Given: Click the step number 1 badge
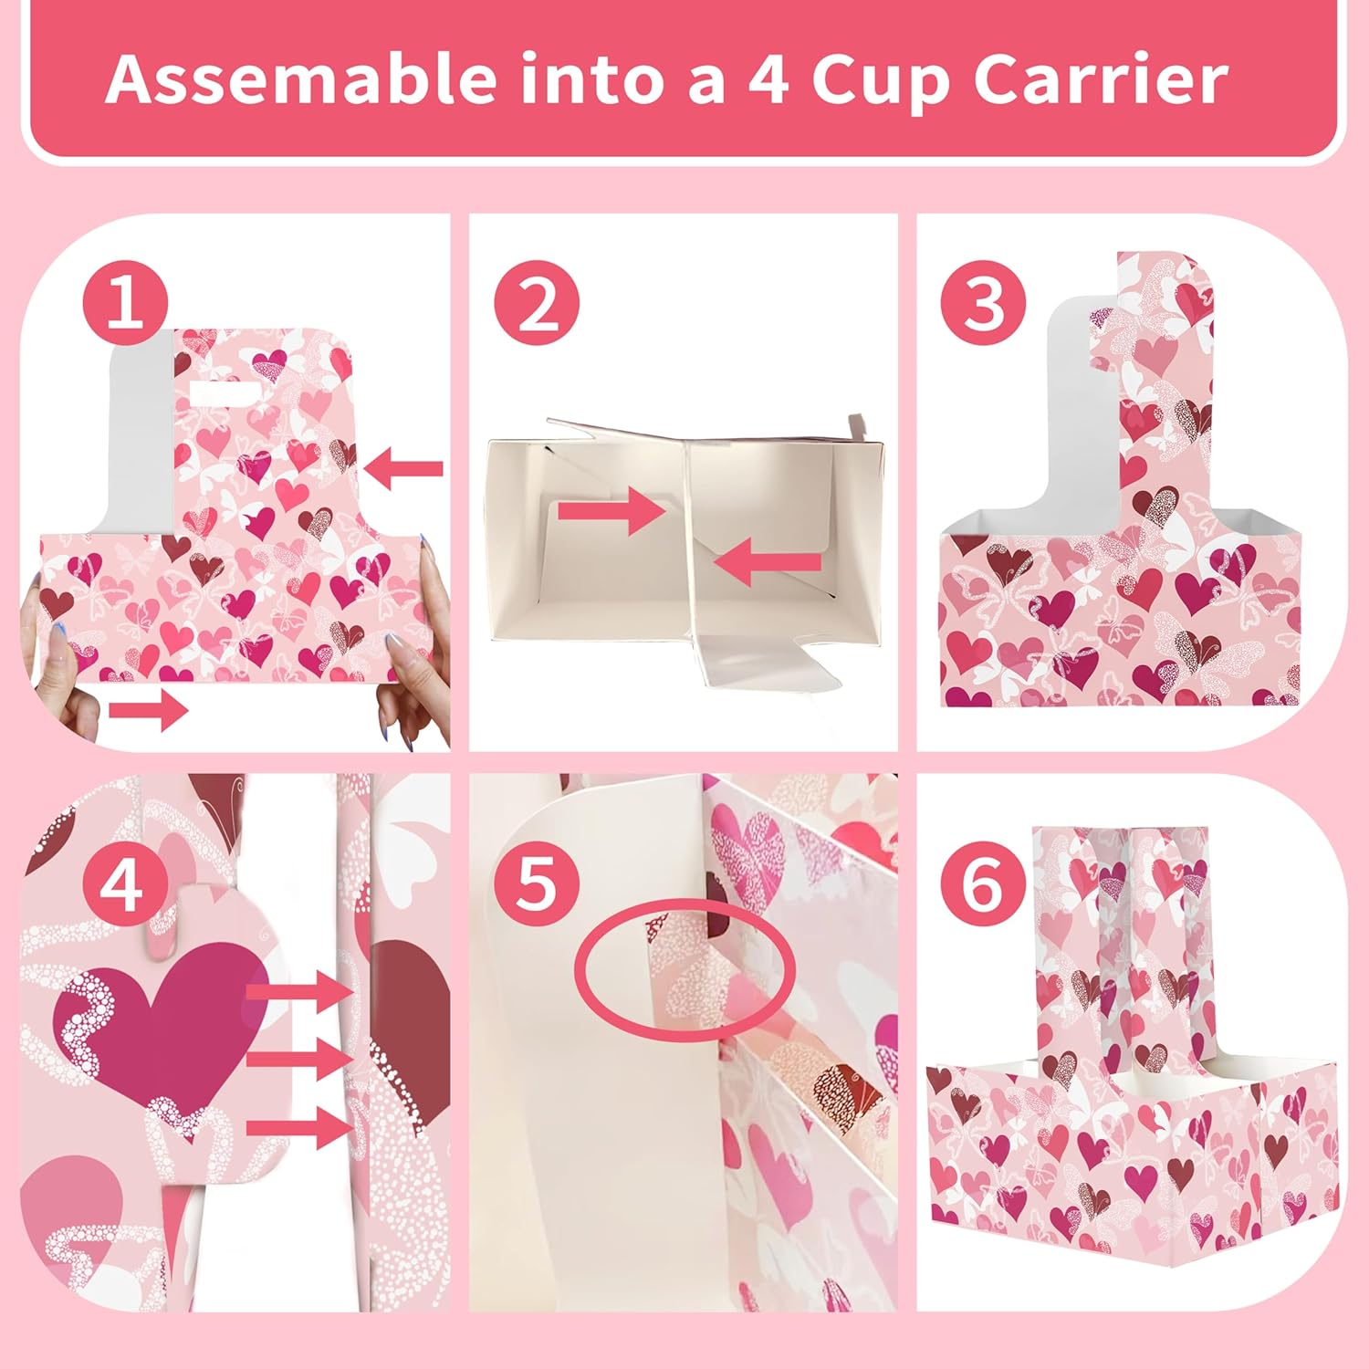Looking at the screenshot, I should pos(125,303).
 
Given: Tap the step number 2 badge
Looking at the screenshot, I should pos(537,303).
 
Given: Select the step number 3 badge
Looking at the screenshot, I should pos(984,303).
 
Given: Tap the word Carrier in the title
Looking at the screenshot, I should pos(1101,79).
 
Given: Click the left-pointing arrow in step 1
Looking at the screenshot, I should pos(403,469).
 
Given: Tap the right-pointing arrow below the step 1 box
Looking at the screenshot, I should pos(149,709).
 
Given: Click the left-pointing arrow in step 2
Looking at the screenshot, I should pos(768,560).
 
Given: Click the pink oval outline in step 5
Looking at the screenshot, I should pos(684,967).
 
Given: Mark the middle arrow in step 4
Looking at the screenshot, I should pos(299,1059).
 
